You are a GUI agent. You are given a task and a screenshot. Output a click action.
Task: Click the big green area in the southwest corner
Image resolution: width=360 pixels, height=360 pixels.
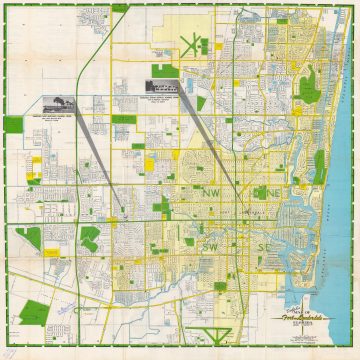(x=30, y=239)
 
